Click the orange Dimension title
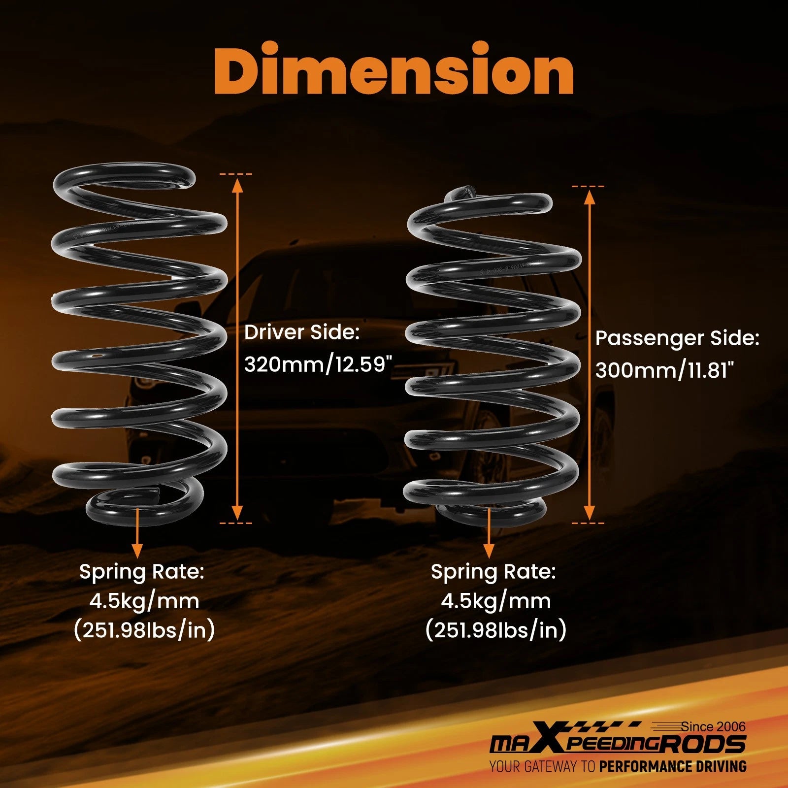(x=394, y=69)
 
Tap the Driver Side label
(x=302, y=332)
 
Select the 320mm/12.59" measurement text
(x=318, y=364)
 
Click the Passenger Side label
(x=677, y=338)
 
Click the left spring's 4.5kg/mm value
(x=144, y=601)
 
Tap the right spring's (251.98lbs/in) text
(x=495, y=630)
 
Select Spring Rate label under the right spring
(x=493, y=572)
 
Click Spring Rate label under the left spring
(x=142, y=572)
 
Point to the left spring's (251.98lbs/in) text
(x=144, y=630)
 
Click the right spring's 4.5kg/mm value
(x=496, y=601)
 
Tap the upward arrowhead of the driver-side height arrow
(x=238, y=185)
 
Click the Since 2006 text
(x=713, y=726)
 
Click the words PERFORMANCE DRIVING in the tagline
(x=673, y=766)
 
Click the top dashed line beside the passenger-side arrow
(x=588, y=187)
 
